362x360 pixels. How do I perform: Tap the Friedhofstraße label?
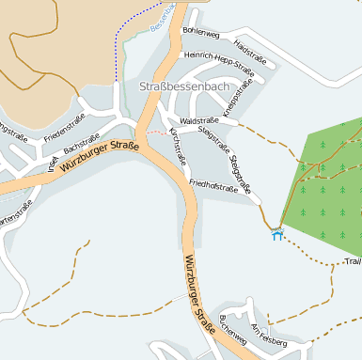click(x=212, y=185)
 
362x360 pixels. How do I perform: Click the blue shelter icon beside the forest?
click(x=276, y=233)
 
